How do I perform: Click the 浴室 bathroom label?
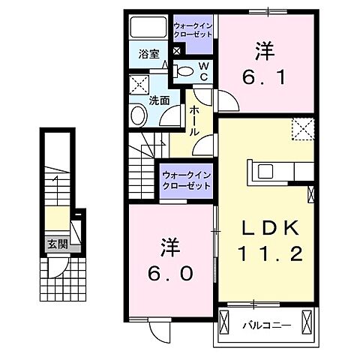(148, 54)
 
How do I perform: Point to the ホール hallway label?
(194, 120)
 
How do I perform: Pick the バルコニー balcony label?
(262, 325)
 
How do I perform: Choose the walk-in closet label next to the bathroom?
(193, 31)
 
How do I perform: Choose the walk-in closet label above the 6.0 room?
(186, 181)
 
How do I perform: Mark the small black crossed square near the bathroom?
(176, 51)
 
